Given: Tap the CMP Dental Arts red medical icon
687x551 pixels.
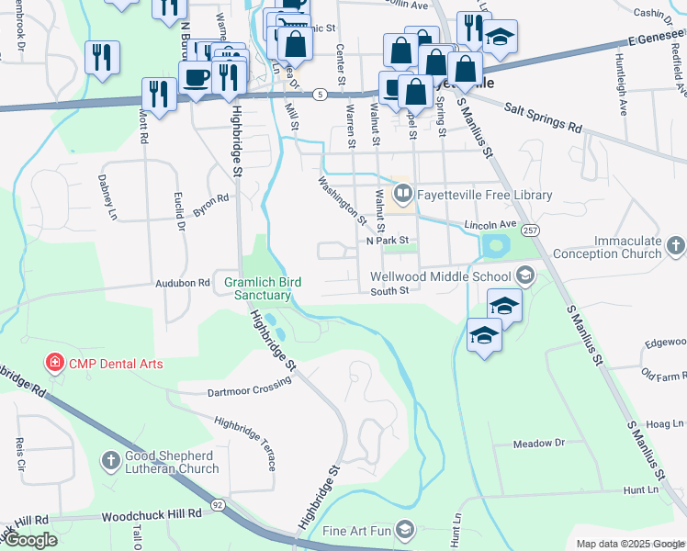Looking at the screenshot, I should click(x=55, y=364).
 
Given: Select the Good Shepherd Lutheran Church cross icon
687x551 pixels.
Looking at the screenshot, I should click(x=109, y=460).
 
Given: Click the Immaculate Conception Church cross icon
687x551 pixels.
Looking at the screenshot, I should click(x=675, y=245).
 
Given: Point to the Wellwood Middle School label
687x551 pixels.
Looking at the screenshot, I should click(x=441, y=275).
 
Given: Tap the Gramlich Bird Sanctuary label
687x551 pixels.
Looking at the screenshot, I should click(x=263, y=288).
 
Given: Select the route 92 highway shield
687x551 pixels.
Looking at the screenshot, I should click(x=218, y=503).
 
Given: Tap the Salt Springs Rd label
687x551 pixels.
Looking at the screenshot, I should click(x=544, y=118).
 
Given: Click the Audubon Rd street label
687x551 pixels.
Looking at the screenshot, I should click(x=183, y=284).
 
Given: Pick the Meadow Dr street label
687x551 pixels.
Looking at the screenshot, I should click(x=538, y=444).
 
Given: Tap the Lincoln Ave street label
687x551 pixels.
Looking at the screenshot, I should click(x=490, y=224).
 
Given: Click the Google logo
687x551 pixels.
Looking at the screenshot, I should click(x=30, y=540).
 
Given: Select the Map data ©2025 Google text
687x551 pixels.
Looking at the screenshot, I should click(x=629, y=544).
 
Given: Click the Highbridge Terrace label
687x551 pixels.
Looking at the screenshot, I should click(x=244, y=442).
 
